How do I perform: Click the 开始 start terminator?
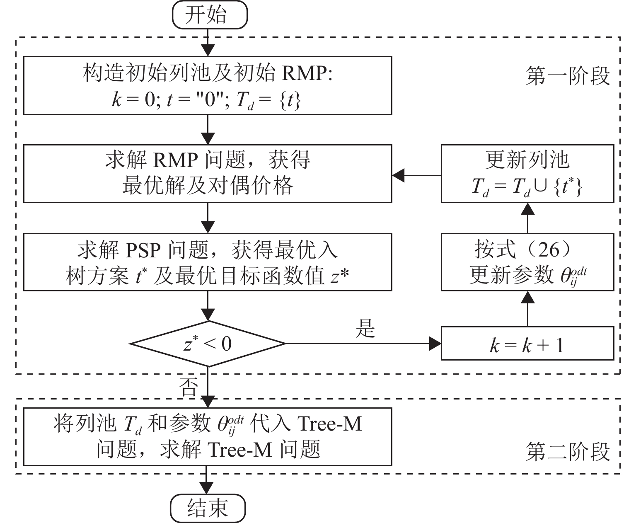pos(209,15)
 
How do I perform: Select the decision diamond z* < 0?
pos(208,344)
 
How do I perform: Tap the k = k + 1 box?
pos(527,344)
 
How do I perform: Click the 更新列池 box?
pos(527,174)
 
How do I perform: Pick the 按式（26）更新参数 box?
pos(527,262)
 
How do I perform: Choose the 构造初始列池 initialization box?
pos(208,85)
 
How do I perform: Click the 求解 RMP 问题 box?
pos(208,174)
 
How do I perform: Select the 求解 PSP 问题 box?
pos(208,262)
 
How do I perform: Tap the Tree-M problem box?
pos(208,437)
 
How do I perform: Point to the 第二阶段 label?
pos(568,452)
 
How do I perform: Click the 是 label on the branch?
pos(365,329)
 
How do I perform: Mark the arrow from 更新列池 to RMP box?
pos(416,176)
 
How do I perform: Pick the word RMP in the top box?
pos(303,74)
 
